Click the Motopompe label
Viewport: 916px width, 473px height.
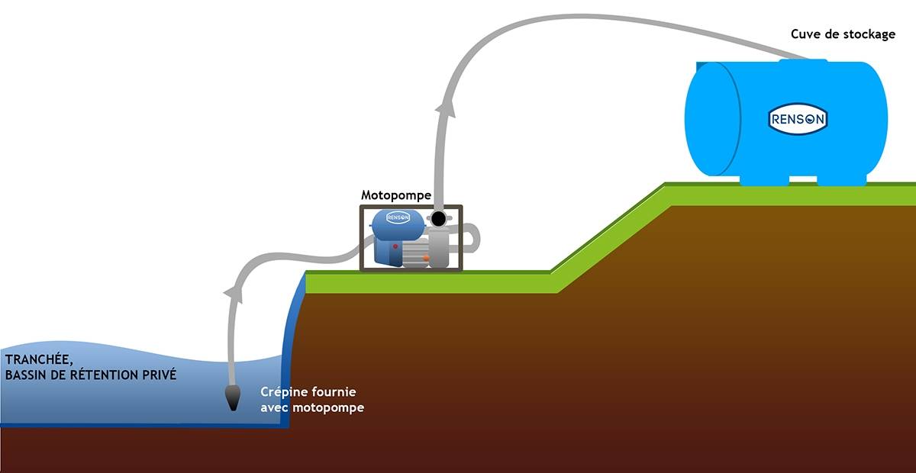click(x=395, y=196)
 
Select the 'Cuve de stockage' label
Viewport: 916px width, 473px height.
click(x=843, y=34)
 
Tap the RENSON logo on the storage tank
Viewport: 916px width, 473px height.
click(x=798, y=120)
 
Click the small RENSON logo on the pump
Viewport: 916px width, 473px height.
click(x=398, y=217)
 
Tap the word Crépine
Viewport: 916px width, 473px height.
click(x=282, y=392)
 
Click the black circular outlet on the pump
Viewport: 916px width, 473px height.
click(x=438, y=220)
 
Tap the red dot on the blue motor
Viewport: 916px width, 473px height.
click(x=395, y=247)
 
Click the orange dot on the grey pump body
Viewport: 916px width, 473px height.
click(x=426, y=258)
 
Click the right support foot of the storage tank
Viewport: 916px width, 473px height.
click(x=842, y=180)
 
